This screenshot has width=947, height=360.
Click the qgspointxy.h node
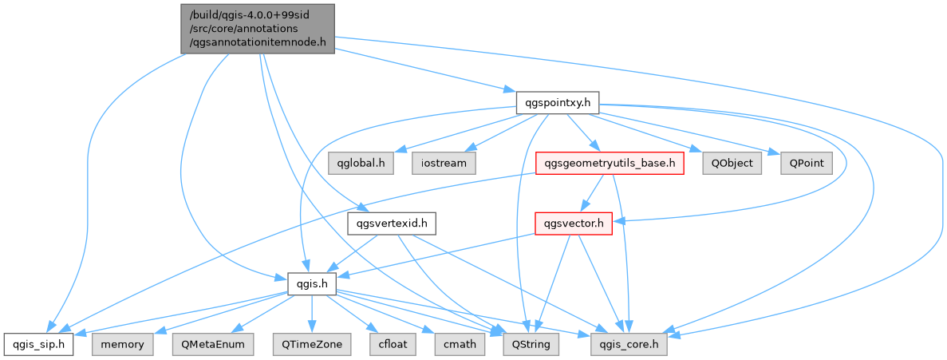[x=557, y=102]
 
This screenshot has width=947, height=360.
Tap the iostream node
[x=444, y=163]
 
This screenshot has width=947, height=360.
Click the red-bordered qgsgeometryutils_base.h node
[x=610, y=163]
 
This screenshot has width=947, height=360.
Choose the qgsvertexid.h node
[x=392, y=224]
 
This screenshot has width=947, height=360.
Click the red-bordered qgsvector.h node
[x=572, y=224]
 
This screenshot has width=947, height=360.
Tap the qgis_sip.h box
[x=38, y=344]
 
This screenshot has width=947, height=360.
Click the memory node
[x=122, y=344]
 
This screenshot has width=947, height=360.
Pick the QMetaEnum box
[x=211, y=344]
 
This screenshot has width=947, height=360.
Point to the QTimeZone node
[x=310, y=344]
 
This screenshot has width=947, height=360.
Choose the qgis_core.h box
[x=629, y=344]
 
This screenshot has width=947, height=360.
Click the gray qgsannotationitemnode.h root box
[x=258, y=28]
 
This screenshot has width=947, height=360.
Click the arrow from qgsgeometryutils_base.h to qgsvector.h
[x=592, y=193]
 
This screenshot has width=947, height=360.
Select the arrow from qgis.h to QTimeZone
[x=311, y=314]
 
